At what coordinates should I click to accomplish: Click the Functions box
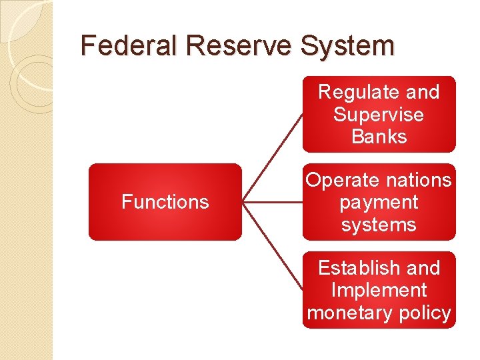tap(165, 202)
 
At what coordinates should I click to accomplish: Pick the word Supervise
tap(379, 115)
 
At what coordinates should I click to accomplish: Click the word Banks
tap(379, 137)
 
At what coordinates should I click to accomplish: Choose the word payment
tap(379, 202)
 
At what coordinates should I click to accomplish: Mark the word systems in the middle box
tap(379, 225)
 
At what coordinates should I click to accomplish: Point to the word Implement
tap(379, 290)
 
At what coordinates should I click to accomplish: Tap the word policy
tap(424, 313)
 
